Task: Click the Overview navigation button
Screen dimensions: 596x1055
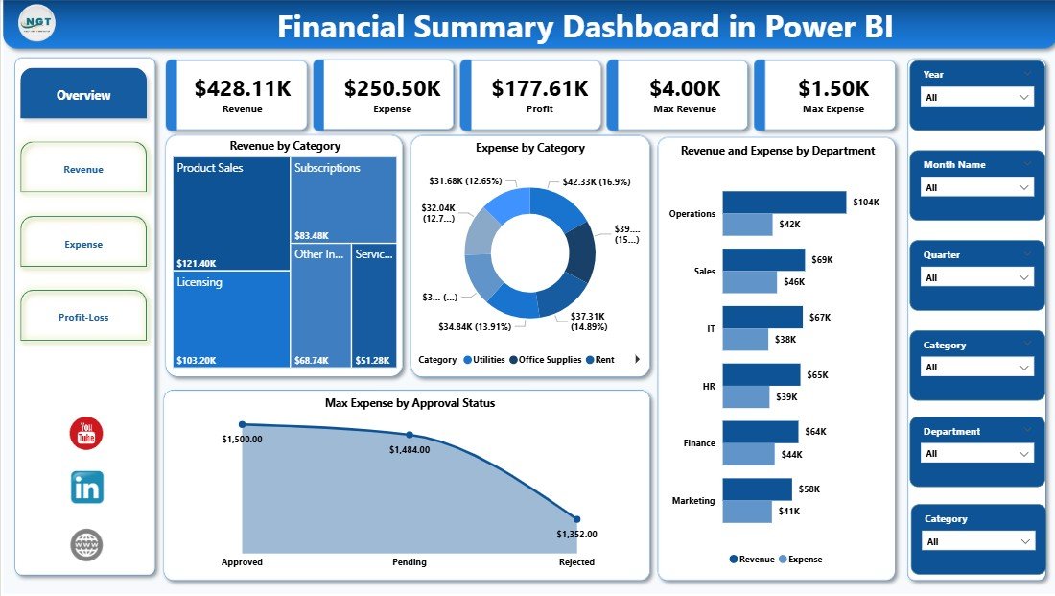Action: [83, 95]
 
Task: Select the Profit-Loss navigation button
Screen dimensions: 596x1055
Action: [83, 317]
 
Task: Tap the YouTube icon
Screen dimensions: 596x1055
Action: [86, 433]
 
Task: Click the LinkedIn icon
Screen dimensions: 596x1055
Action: [86, 488]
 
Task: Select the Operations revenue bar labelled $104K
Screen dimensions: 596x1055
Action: [784, 203]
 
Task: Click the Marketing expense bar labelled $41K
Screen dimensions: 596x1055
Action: [747, 512]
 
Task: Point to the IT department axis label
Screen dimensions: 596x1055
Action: [711, 328]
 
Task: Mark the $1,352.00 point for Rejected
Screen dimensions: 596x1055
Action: [576, 518]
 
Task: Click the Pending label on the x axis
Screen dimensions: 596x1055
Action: [410, 562]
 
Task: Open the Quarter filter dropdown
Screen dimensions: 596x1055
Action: [976, 277]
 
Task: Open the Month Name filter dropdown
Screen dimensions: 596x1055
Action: [976, 187]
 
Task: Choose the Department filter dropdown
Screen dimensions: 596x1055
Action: [976, 453]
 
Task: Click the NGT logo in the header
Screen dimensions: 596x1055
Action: [36, 24]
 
